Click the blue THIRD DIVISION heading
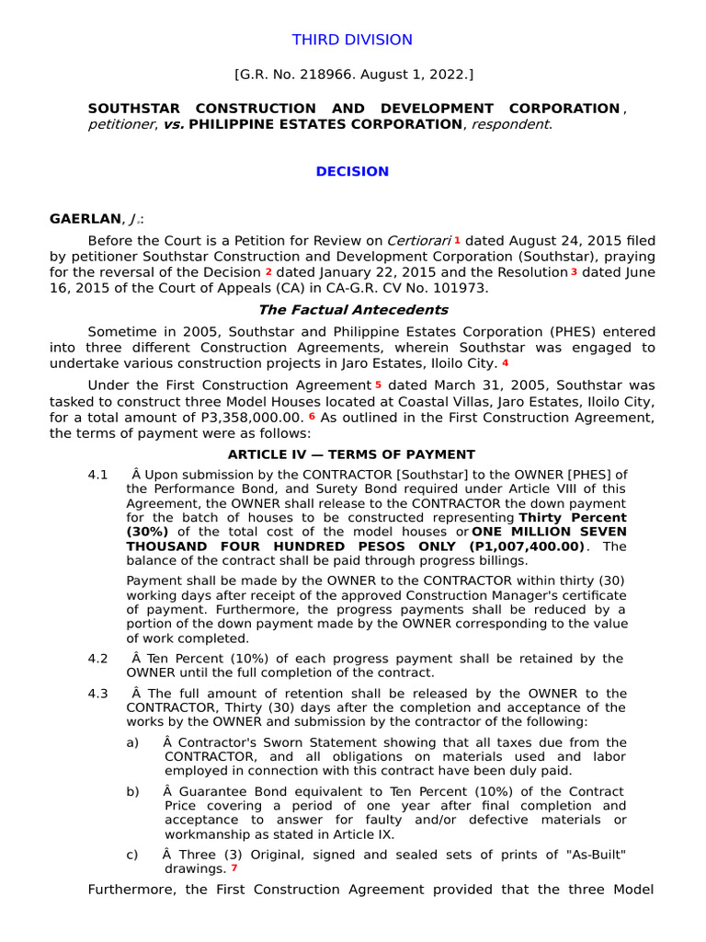(352, 40)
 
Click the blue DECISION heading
(352, 171)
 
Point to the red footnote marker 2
(268, 271)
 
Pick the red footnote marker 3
(574, 271)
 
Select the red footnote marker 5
(378, 383)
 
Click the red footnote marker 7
(233, 867)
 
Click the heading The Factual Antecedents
(352, 310)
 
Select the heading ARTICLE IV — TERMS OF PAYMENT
(352, 454)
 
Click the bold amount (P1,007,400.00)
(522, 546)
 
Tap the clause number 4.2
(98, 659)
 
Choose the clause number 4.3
(98, 693)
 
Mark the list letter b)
(133, 791)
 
